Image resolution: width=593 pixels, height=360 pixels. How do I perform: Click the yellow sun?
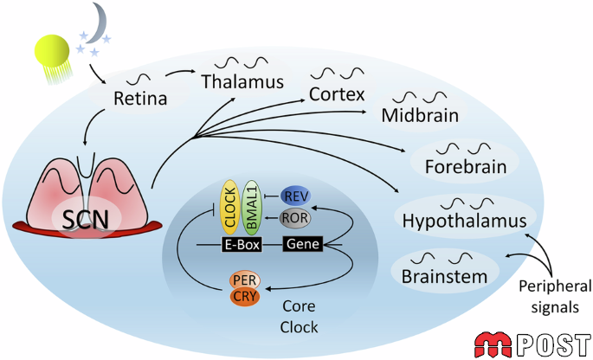point(52,51)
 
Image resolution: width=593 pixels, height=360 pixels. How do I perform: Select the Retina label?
point(140,99)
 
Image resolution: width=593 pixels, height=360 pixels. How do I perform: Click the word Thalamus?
point(242,81)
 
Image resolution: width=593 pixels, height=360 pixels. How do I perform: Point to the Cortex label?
point(337,94)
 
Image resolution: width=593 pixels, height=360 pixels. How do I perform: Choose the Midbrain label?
point(420,115)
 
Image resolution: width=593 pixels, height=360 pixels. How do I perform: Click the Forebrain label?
point(466,166)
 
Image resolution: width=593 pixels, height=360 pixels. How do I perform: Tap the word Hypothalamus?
point(464,221)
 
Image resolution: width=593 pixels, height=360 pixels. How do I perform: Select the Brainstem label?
point(444,276)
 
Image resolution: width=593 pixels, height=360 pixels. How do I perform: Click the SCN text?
point(86,219)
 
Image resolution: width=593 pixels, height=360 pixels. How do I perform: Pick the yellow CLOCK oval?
point(230,207)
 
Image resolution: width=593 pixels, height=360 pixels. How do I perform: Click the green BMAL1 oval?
point(252,207)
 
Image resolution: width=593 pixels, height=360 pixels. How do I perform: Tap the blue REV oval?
point(296,196)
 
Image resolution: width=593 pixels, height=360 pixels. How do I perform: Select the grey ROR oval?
point(295,218)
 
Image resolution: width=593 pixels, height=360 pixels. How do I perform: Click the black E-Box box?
point(242,245)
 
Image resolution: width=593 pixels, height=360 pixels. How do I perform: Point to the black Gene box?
point(303,244)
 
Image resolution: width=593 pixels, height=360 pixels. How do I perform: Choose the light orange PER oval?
point(245,280)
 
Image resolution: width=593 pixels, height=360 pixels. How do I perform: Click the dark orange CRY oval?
point(245,297)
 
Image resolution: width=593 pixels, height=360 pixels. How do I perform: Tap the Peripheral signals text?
point(555,297)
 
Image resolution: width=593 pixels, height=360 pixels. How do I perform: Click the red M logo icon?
point(495,344)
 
